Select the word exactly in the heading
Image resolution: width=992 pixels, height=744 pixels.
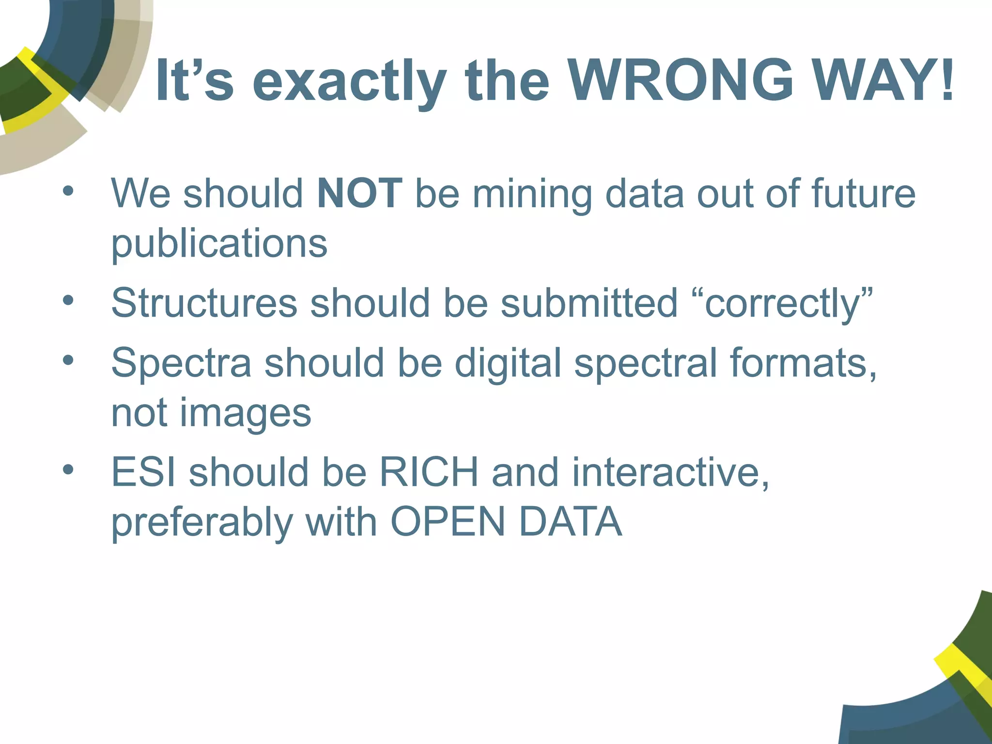point(349,82)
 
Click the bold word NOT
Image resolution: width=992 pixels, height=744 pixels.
point(359,193)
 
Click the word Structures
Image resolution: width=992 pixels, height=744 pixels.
point(204,303)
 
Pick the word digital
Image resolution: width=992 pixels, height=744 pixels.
point(508,364)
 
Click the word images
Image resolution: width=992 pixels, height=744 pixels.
point(246,415)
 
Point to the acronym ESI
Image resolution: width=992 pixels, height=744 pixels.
point(143,472)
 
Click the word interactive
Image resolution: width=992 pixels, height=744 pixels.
point(670,472)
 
